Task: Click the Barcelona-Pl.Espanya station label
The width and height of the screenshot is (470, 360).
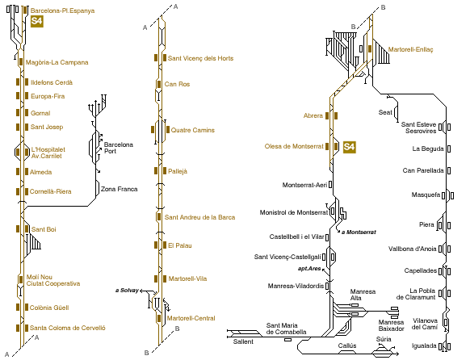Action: point(62,10)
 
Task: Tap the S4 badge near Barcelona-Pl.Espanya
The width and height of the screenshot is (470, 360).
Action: point(37,21)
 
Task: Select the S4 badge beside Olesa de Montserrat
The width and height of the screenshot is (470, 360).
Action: point(350,147)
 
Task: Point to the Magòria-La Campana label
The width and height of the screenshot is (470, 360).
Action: point(57,62)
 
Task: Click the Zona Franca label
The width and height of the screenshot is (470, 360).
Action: point(119,189)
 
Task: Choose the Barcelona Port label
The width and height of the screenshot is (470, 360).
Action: point(119,148)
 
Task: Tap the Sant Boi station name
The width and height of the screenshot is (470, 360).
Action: point(44,229)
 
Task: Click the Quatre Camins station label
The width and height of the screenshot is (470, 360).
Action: point(192,130)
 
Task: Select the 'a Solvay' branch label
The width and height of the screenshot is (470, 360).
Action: point(127,291)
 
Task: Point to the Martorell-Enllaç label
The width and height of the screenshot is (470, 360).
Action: point(410,49)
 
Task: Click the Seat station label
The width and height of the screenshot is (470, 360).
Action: point(385,112)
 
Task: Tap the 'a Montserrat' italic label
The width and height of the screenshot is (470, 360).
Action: point(359,232)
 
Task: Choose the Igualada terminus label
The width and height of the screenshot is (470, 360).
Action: point(424,346)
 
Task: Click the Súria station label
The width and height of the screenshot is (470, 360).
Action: point(384,339)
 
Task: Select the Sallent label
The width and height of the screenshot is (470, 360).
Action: point(243,341)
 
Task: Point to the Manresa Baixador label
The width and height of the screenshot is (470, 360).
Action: point(391,325)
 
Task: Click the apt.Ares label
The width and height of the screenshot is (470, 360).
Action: point(309,269)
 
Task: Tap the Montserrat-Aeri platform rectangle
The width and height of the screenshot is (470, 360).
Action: point(330,185)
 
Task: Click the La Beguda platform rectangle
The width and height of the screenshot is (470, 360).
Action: point(449,149)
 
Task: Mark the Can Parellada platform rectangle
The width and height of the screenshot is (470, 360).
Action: point(449,170)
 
